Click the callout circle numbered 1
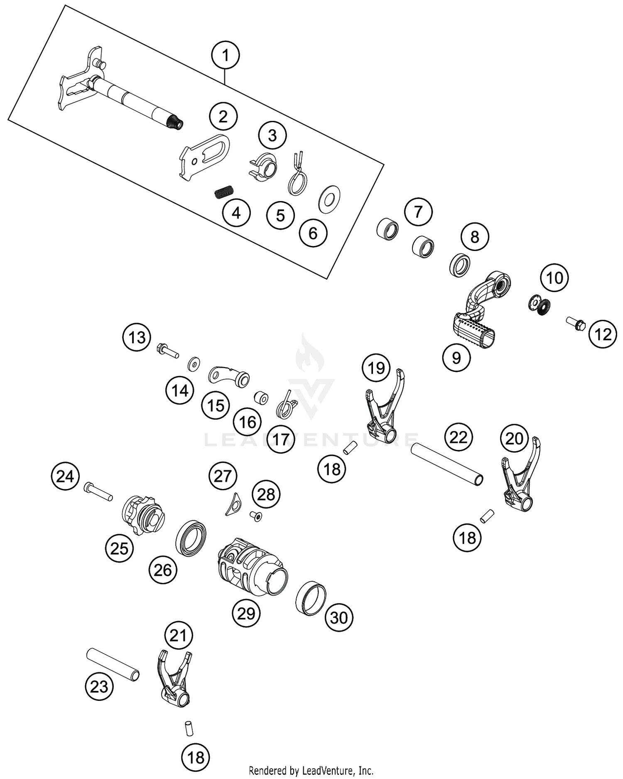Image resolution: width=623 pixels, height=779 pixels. pyautogui.click(x=226, y=55)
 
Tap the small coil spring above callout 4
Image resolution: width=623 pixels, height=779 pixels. pyautogui.click(x=224, y=192)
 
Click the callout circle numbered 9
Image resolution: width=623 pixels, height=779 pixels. pyautogui.click(x=456, y=357)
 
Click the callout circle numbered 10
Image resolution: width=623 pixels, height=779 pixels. pyautogui.click(x=554, y=278)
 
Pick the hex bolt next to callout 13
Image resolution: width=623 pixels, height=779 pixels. pyautogui.click(x=167, y=350)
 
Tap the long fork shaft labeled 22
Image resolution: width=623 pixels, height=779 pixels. pyautogui.click(x=447, y=464)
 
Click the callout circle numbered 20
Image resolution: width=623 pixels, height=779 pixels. pyautogui.click(x=514, y=438)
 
